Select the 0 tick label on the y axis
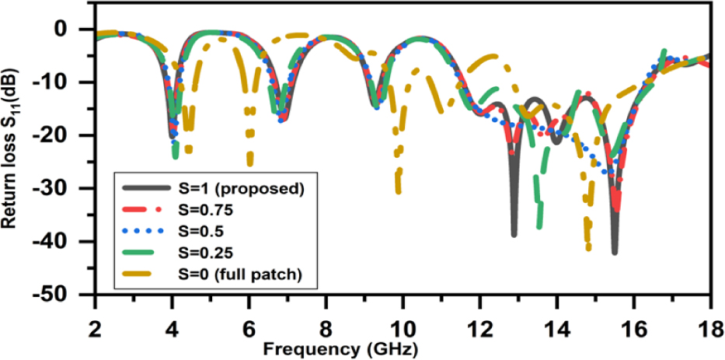(x=81, y=30)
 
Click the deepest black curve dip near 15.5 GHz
(x=615, y=252)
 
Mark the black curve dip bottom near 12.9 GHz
(x=514, y=234)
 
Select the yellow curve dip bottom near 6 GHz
(x=249, y=163)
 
